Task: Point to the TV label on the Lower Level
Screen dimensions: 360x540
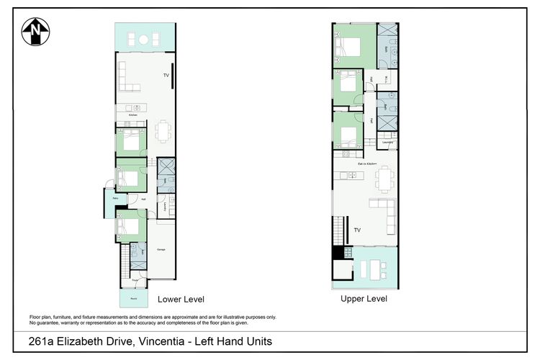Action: [x=166, y=75]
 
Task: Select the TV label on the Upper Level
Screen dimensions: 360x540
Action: [x=356, y=230]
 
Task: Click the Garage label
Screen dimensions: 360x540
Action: [x=162, y=250]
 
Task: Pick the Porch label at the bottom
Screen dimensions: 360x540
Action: [x=134, y=297]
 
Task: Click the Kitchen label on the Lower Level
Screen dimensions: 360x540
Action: [x=132, y=115]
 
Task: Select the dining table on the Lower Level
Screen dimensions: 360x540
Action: [x=163, y=131]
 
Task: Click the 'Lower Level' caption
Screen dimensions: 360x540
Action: [x=181, y=299]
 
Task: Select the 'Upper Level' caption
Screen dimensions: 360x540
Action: [x=364, y=298]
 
